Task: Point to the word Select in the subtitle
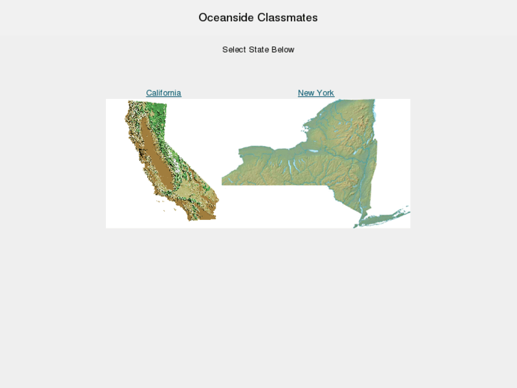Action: coord(234,50)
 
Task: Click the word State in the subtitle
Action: coord(259,50)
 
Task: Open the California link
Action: coord(164,93)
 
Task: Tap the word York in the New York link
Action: coord(325,93)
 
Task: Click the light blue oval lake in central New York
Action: coord(314,152)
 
